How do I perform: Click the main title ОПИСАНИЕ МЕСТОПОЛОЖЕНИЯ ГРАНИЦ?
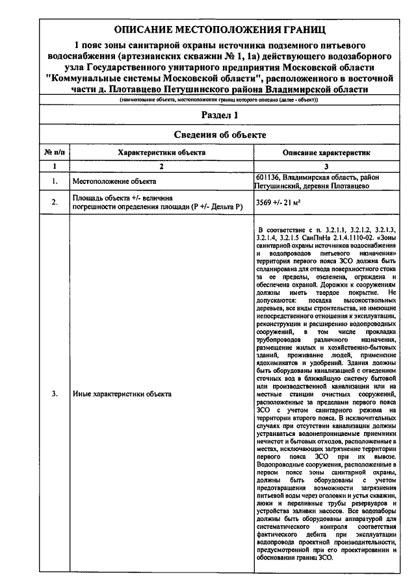[217, 30]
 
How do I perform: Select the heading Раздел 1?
[217, 115]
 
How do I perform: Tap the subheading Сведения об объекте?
[217, 135]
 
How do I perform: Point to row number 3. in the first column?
[55, 394]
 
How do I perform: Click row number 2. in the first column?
[55, 202]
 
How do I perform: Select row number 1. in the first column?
[55, 181]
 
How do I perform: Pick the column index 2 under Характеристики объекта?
[161, 166]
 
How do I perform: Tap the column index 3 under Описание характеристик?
[326, 166]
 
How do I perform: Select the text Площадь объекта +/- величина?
[122, 198]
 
